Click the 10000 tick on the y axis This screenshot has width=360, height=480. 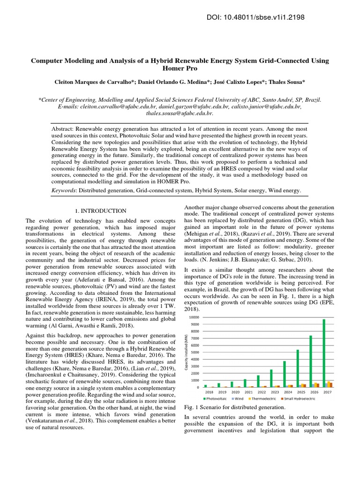pyautogui.click(x=194, y=317)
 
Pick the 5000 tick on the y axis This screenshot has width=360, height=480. pyautogui.click(x=195, y=352)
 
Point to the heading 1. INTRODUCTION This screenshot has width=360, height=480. pyautogui.click(x=101, y=211)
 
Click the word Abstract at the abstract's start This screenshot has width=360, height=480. pyautogui.click(x=64, y=128)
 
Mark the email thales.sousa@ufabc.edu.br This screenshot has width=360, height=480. pyautogui.click(x=180, y=113)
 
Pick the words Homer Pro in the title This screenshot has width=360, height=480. pyautogui.click(x=180, y=69)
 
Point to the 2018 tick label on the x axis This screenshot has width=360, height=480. pyautogui.click(x=209, y=391)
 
